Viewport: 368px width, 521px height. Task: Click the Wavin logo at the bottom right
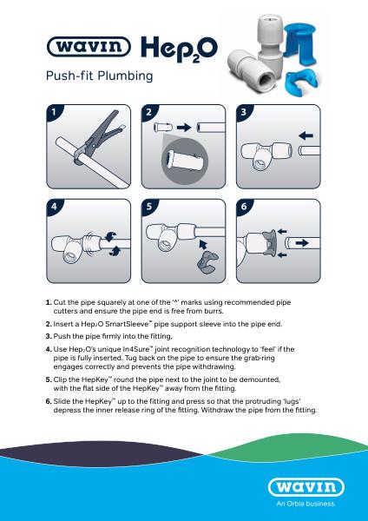pyautogui.click(x=314, y=489)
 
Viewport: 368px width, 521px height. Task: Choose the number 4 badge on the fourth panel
pyautogui.click(x=56, y=208)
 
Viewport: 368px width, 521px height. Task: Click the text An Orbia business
pyautogui.click(x=314, y=504)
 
